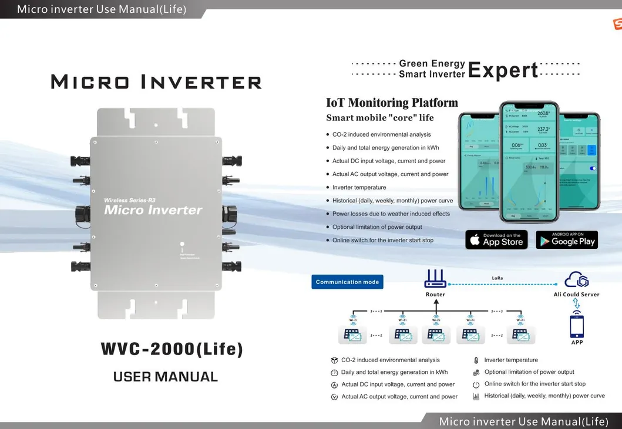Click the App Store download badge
[x=496, y=239]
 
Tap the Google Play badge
[x=567, y=239]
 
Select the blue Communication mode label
[x=347, y=282]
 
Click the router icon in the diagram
[x=436, y=278]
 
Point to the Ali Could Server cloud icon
[x=576, y=280]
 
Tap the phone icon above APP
[x=577, y=325]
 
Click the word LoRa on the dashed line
[x=497, y=278]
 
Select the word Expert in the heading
[x=503, y=70]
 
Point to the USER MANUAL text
[x=165, y=377]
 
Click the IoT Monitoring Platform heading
[x=392, y=103]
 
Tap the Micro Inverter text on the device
[x=153, y=210]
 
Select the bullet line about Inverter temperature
[x=359, y=187]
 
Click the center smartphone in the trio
[x=529, y=158]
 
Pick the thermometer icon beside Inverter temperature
[x=476, y=360]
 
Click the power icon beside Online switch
[x=476, y=384]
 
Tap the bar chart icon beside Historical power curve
[x=476, y=396]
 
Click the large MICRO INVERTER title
[x=156, y=82]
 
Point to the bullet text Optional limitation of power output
[x=377, y=227]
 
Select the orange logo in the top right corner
[x=617, y=24]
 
